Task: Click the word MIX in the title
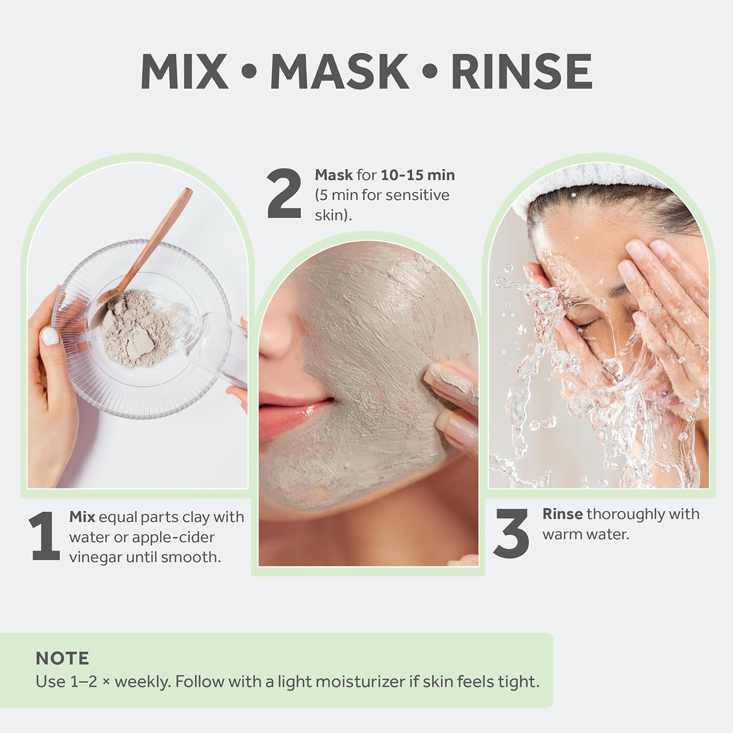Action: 184,71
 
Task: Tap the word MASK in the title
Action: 339,71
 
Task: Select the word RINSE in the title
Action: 521,71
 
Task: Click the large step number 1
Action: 45,536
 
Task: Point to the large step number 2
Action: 284,194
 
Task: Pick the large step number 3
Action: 512,533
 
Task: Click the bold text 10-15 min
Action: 418,175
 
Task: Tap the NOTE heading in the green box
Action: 62,658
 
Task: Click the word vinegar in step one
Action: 95,557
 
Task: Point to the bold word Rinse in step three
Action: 562,514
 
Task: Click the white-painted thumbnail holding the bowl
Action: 50,336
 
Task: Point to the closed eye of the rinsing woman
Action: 584,324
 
